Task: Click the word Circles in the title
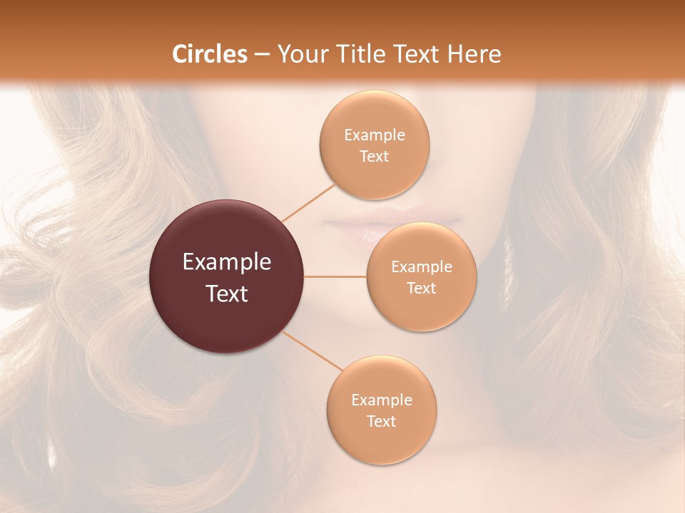[x=210, y=54]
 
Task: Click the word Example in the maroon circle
[x=227, y=262]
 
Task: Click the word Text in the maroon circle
[x=227, y=294]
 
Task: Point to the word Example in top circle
[x=374, y=135]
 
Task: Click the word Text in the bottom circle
[x=382, y=421]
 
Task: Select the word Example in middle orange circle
[x=422, y=267]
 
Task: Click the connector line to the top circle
[x=309, y=202]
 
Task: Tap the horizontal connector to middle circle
[x=335, y=276]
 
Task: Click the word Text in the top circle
[x=374, y=157]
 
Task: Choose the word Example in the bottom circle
[x=382, y=400]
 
